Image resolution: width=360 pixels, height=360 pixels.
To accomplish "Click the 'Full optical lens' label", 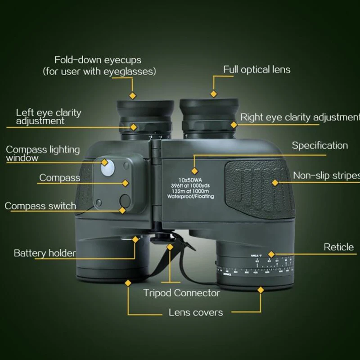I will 257,70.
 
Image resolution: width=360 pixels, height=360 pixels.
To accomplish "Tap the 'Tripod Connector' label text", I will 181,293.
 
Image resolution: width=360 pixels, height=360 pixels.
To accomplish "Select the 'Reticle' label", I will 338,247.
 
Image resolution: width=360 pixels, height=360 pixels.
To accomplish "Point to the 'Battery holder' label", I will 45,253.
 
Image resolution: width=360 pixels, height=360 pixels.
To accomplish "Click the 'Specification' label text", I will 319,145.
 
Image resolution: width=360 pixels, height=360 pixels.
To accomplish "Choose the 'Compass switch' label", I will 40,206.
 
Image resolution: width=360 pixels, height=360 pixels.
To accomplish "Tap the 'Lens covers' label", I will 196,312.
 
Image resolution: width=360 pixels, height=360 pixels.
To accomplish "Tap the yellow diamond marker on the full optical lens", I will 214,94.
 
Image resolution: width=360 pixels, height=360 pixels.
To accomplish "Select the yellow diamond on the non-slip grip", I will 274,182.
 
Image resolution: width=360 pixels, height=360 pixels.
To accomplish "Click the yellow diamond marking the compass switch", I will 122,210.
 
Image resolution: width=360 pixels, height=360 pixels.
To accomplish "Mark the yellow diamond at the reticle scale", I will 271,254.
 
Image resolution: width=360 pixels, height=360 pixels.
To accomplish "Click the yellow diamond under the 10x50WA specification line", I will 194,171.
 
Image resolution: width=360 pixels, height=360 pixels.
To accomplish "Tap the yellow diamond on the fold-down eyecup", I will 132,96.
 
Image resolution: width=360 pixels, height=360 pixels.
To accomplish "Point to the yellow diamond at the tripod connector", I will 170,247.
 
